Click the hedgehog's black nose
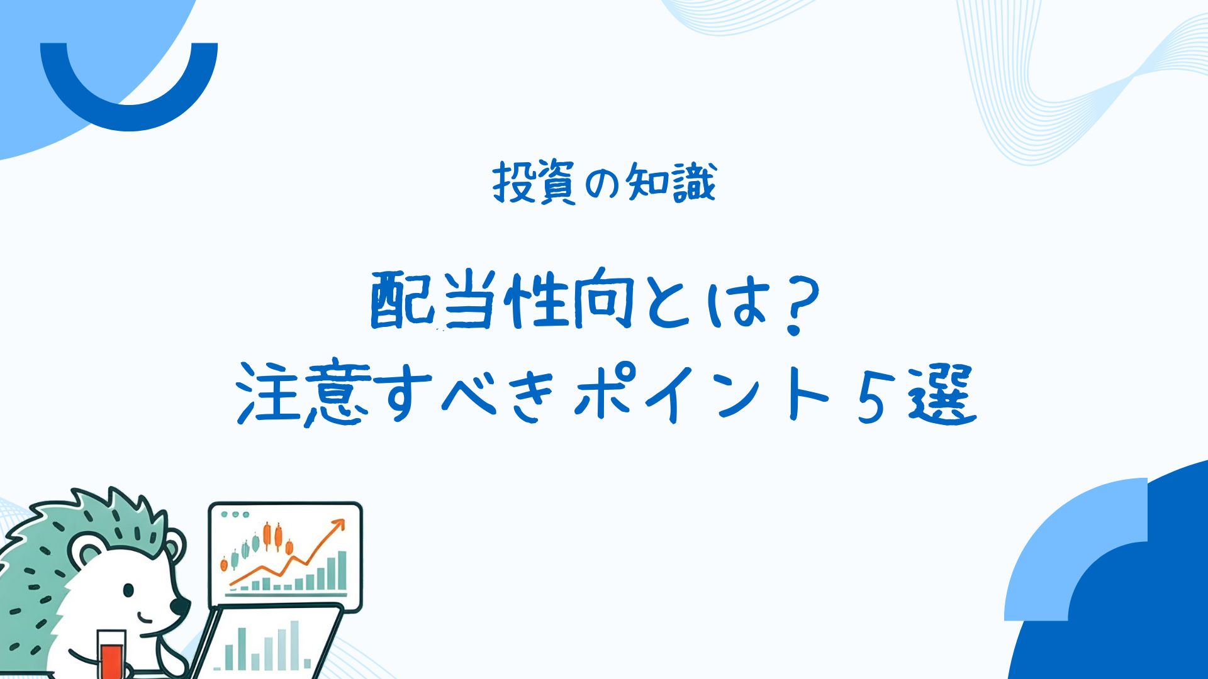(x=180, y=605)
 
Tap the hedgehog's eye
(x=128, y=590)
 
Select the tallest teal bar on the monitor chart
(x=342, y=570)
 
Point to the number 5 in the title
(x=871, y=395)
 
